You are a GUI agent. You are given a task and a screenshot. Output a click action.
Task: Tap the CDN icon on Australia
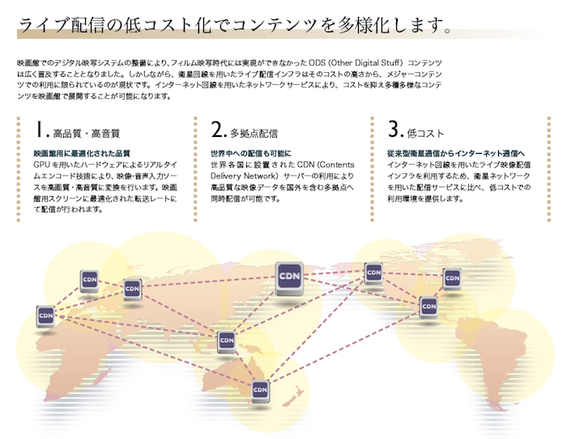[260, 390]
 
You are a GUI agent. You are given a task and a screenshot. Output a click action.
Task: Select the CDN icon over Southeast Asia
[227, 341]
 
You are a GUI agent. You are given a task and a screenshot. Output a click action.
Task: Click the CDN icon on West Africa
[45, 315]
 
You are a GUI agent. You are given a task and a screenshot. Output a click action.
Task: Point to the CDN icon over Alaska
[373, 273]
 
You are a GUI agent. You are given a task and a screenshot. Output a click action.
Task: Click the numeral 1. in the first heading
[41, 130]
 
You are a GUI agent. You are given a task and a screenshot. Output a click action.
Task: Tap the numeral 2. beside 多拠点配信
[218, 130]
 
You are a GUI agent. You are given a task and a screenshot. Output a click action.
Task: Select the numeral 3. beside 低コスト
[394, 130]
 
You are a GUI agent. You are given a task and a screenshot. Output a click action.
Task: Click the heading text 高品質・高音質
[87, 133]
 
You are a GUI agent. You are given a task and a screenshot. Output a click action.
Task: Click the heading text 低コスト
[427, 133]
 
